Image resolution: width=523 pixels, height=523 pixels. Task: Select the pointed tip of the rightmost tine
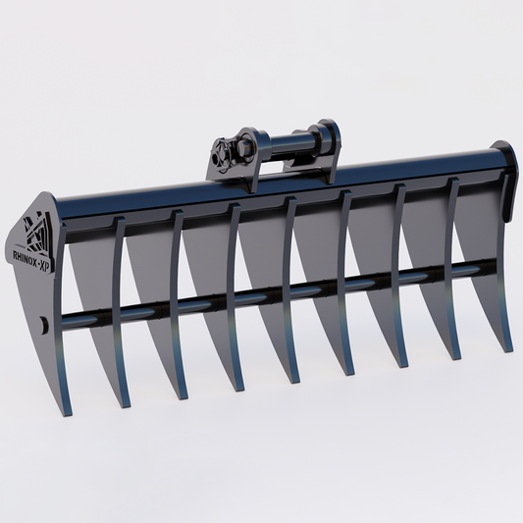pyautogui.click(x=508, y=350)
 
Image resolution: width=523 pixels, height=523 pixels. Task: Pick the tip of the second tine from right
pyautogui.click(x=455, y=358)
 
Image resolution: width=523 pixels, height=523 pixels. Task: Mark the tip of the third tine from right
pyautogui.click(x=401, y=366)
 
